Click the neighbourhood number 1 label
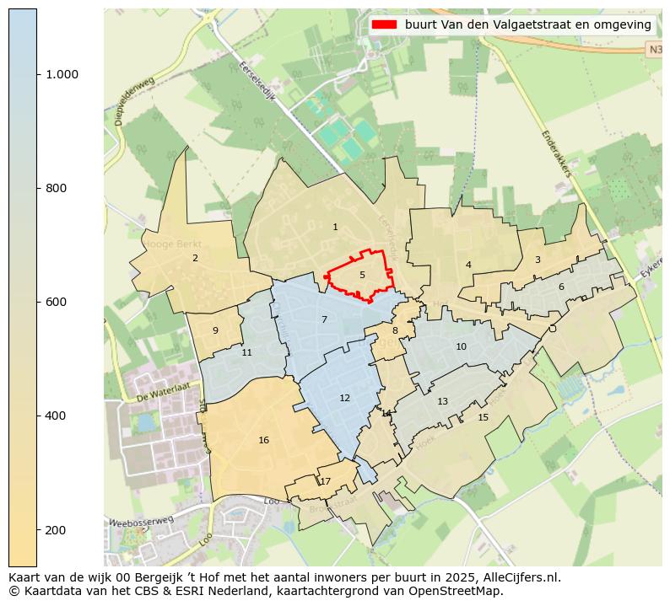click(335, 227)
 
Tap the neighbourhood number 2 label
click(195, 258)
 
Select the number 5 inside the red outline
click(362, 275)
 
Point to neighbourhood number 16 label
click(264, 440)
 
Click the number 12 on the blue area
click(344, 398)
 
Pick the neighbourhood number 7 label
click(324, 319)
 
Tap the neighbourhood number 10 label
click(461, 346)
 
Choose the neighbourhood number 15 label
click(483, 417)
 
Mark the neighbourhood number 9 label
click(215, 330)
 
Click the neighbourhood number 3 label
click(538, 260)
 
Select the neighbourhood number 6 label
click(561, 287)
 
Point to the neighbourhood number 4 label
click(468, 265)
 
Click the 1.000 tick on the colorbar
click(62, 74)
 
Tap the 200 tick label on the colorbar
click(56, 529)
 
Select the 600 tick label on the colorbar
click(56, 302)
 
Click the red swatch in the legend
click(384, 24)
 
